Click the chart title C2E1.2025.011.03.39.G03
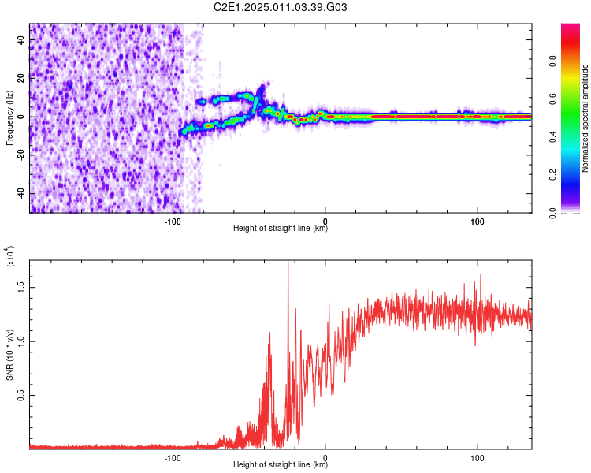[x=281, y=8]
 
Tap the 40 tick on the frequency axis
[x=22, y=39]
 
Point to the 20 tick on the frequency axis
[x=22, y=78]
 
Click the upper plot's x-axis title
[x=281, y=229]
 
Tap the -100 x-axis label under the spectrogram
[x=173, y=220]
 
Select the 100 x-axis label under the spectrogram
[x=477, y=220]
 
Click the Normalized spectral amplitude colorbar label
[x=585, y=118]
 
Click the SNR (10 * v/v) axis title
[x=9, y=355]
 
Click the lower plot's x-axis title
[x=281, y=465]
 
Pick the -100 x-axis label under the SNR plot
[x=173, y=456]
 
